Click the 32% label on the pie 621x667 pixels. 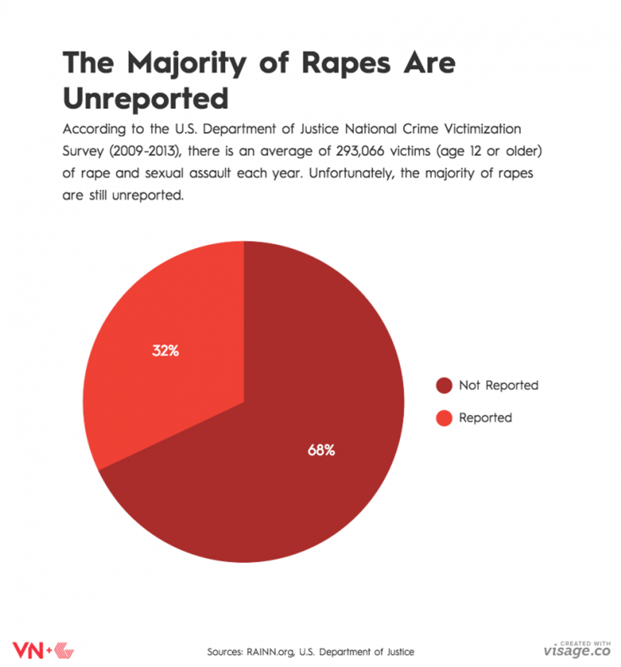(x=165, y=351)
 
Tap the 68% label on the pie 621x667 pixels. (x=321, y=451)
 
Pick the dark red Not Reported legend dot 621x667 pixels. (x=444, y=385)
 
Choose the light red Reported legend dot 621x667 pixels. (x=444, y=418)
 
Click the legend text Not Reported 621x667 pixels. (x=498, y=385)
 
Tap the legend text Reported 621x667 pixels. (x=485, y=418)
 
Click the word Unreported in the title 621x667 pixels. (x=145, y=98)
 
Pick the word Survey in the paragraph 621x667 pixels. (x=82, y=152)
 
